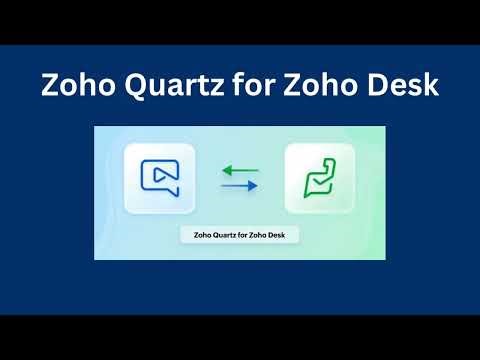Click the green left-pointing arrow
(239, 170)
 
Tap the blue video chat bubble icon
(159, 178)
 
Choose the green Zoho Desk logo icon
(319, 179)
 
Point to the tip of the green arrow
(222, 170)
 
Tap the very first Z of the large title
(49, 86)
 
